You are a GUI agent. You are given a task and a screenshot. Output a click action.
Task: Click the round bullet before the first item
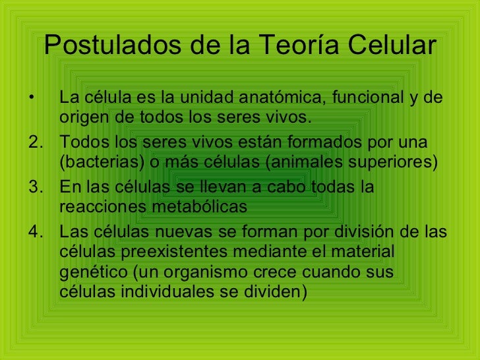tap(30, 99)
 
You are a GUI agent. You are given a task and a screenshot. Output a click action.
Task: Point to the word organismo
tap(214, 272)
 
